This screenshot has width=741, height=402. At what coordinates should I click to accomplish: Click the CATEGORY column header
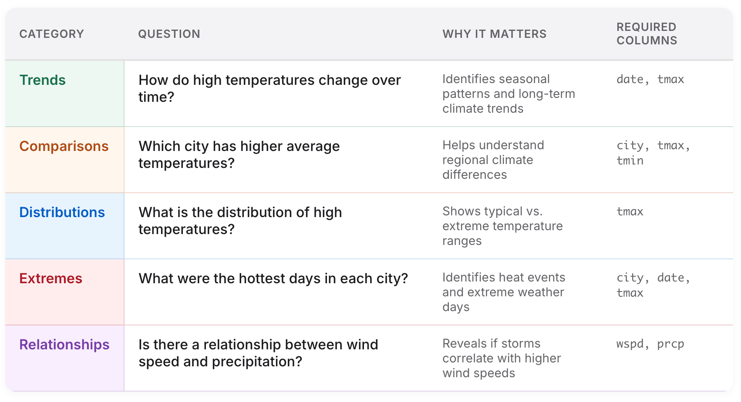(x=52, y=34)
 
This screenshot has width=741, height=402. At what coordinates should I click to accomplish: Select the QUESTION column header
(x=169, y=34)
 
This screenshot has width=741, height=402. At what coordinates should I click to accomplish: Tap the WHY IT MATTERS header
(x=495, y=34)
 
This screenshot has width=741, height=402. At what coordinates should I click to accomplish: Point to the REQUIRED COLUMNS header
(x=647, y=34)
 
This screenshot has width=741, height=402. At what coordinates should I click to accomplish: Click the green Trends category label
(x=42, y=80)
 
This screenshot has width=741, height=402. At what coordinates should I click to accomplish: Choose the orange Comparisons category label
(x=64, y=146)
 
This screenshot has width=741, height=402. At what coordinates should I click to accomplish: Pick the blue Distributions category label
(x=62, y=212)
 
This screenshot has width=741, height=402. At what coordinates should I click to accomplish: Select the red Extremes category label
(x=51, y=278)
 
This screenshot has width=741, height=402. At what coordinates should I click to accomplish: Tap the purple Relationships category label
(x=64, y=345)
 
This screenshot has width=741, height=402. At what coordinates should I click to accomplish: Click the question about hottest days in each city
(x=273, y=278)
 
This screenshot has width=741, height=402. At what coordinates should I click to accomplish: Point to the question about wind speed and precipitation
(x=258, y=353)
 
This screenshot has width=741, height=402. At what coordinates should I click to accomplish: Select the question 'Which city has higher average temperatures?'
(x=239, y=155)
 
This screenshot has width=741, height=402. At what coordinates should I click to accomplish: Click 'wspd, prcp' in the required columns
(x=650, y=344)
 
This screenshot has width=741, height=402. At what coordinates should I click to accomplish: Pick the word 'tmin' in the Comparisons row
(x=630, y=161)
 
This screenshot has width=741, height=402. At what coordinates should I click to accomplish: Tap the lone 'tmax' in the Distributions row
(x=630, y=211)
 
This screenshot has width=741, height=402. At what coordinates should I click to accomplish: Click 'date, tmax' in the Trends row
(x=650, y=79)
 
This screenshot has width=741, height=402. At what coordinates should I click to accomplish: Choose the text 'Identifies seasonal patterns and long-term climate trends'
(x=509, y=94)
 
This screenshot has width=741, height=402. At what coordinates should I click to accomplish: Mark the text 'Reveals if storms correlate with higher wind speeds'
(x=502, y=358)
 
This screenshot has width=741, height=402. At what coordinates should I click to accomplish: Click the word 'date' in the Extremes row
(x=670, y=278)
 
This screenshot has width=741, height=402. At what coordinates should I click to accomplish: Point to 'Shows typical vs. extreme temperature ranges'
(x=502, y=226)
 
